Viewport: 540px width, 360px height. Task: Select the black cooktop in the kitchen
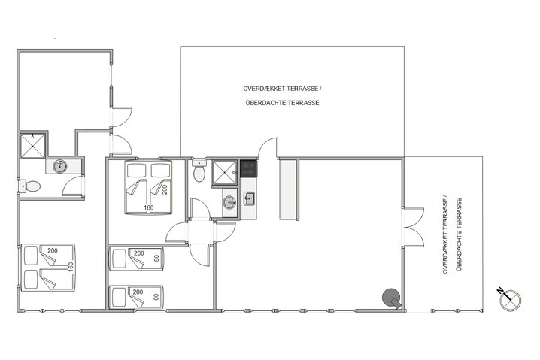248,169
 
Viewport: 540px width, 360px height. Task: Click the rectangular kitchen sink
250,198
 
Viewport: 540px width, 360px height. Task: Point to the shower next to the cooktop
225,171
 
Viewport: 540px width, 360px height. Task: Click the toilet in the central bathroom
199,172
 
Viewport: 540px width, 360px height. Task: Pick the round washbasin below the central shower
228,201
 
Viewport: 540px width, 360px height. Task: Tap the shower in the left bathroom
35,146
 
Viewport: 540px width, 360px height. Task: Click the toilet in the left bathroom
30,186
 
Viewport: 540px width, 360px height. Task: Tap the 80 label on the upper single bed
156,259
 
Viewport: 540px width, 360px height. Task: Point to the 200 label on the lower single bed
138,292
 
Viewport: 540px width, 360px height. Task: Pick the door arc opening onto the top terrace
267,147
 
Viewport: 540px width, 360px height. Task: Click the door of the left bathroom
74,186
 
